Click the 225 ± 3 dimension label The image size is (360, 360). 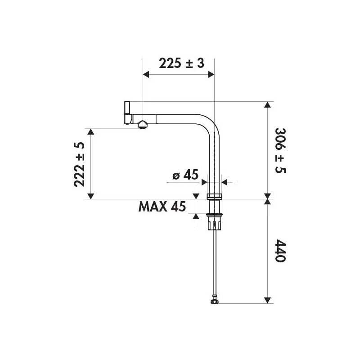pyautogui.click(x=181, y=63)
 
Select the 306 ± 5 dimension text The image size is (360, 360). pyautogui.click(x=280, y=150)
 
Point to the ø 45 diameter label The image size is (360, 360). pyautogui.click(x=185, y=175)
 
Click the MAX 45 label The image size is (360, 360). pyautogui.click(x=162, y=207)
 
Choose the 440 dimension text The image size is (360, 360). pyautogui.click(x=280, y=250)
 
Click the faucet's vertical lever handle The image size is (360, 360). pyautogui.click(x=127, y=112)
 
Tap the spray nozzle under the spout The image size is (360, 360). pyautogui.click(x=142, y=125)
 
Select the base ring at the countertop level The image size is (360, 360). pyautogui.click(x=215, y=196)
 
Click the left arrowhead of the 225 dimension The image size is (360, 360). pyautogui.click(x=146, y=75)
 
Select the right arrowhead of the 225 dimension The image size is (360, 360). pyautogui.click(x=211, y=75)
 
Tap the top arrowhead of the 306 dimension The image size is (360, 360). pyautogui.click(x=268, y=105)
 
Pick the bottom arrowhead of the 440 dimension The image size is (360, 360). pyautogui.click(x=268, y=300)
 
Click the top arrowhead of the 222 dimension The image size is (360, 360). pyautogui.click(x=90, y=132)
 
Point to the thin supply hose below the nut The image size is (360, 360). pyautogui.click(x=216, y=265)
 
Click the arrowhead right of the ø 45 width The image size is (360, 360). pyautogui.click(x=225, y=182)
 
